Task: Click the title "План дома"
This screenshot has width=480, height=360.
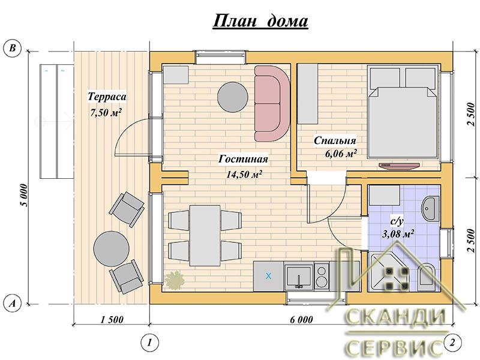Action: click(260, 22)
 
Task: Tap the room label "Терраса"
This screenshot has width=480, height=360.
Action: click(107, 97)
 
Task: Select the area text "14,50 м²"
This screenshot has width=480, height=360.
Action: click(244, 175)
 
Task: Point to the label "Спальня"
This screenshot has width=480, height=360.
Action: click(335, 140)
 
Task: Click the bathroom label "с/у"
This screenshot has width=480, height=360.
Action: click(398, 221)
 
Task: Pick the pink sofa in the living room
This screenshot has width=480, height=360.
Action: click(272, 103)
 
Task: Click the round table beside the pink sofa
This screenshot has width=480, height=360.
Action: click(233, 97)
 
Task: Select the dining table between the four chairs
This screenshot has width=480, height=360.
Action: click(205, 235)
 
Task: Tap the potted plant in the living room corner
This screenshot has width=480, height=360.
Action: click(175, 280)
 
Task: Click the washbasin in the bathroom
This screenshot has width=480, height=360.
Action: click(430, 208)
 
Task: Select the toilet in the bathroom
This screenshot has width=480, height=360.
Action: click(427, 277)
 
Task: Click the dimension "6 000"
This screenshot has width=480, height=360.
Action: click(302, 320)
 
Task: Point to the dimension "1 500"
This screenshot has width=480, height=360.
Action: click(112, 320)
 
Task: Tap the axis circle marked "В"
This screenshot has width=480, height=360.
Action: click(12, 49)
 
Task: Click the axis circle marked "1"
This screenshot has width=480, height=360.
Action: click(149, 343)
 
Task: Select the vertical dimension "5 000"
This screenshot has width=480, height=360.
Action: click(25, 195)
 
